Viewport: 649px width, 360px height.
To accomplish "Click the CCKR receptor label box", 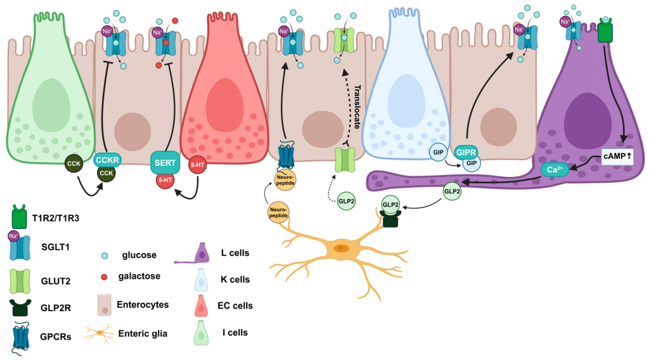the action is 107,160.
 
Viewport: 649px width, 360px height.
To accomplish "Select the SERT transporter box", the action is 165,163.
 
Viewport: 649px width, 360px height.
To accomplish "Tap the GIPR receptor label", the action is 466,153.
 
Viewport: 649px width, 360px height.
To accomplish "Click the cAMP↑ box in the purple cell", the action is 617,157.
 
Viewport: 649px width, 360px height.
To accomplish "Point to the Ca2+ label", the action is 555,170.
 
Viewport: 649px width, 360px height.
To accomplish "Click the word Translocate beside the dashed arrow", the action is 357,107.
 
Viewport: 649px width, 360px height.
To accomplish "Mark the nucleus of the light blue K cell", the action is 406,98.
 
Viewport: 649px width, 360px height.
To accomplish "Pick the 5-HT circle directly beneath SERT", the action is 165,180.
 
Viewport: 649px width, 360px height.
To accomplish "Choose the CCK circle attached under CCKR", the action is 106,174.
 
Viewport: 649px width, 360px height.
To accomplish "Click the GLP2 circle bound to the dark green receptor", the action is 390,205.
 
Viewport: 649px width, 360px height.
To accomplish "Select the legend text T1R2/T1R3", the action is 56,218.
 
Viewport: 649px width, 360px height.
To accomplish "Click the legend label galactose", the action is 139,276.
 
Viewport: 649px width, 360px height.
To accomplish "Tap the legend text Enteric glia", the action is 143,333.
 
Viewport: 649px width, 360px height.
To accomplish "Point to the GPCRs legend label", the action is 56,337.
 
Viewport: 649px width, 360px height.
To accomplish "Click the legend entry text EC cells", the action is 235,305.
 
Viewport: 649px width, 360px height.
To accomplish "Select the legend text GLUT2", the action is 56,281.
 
